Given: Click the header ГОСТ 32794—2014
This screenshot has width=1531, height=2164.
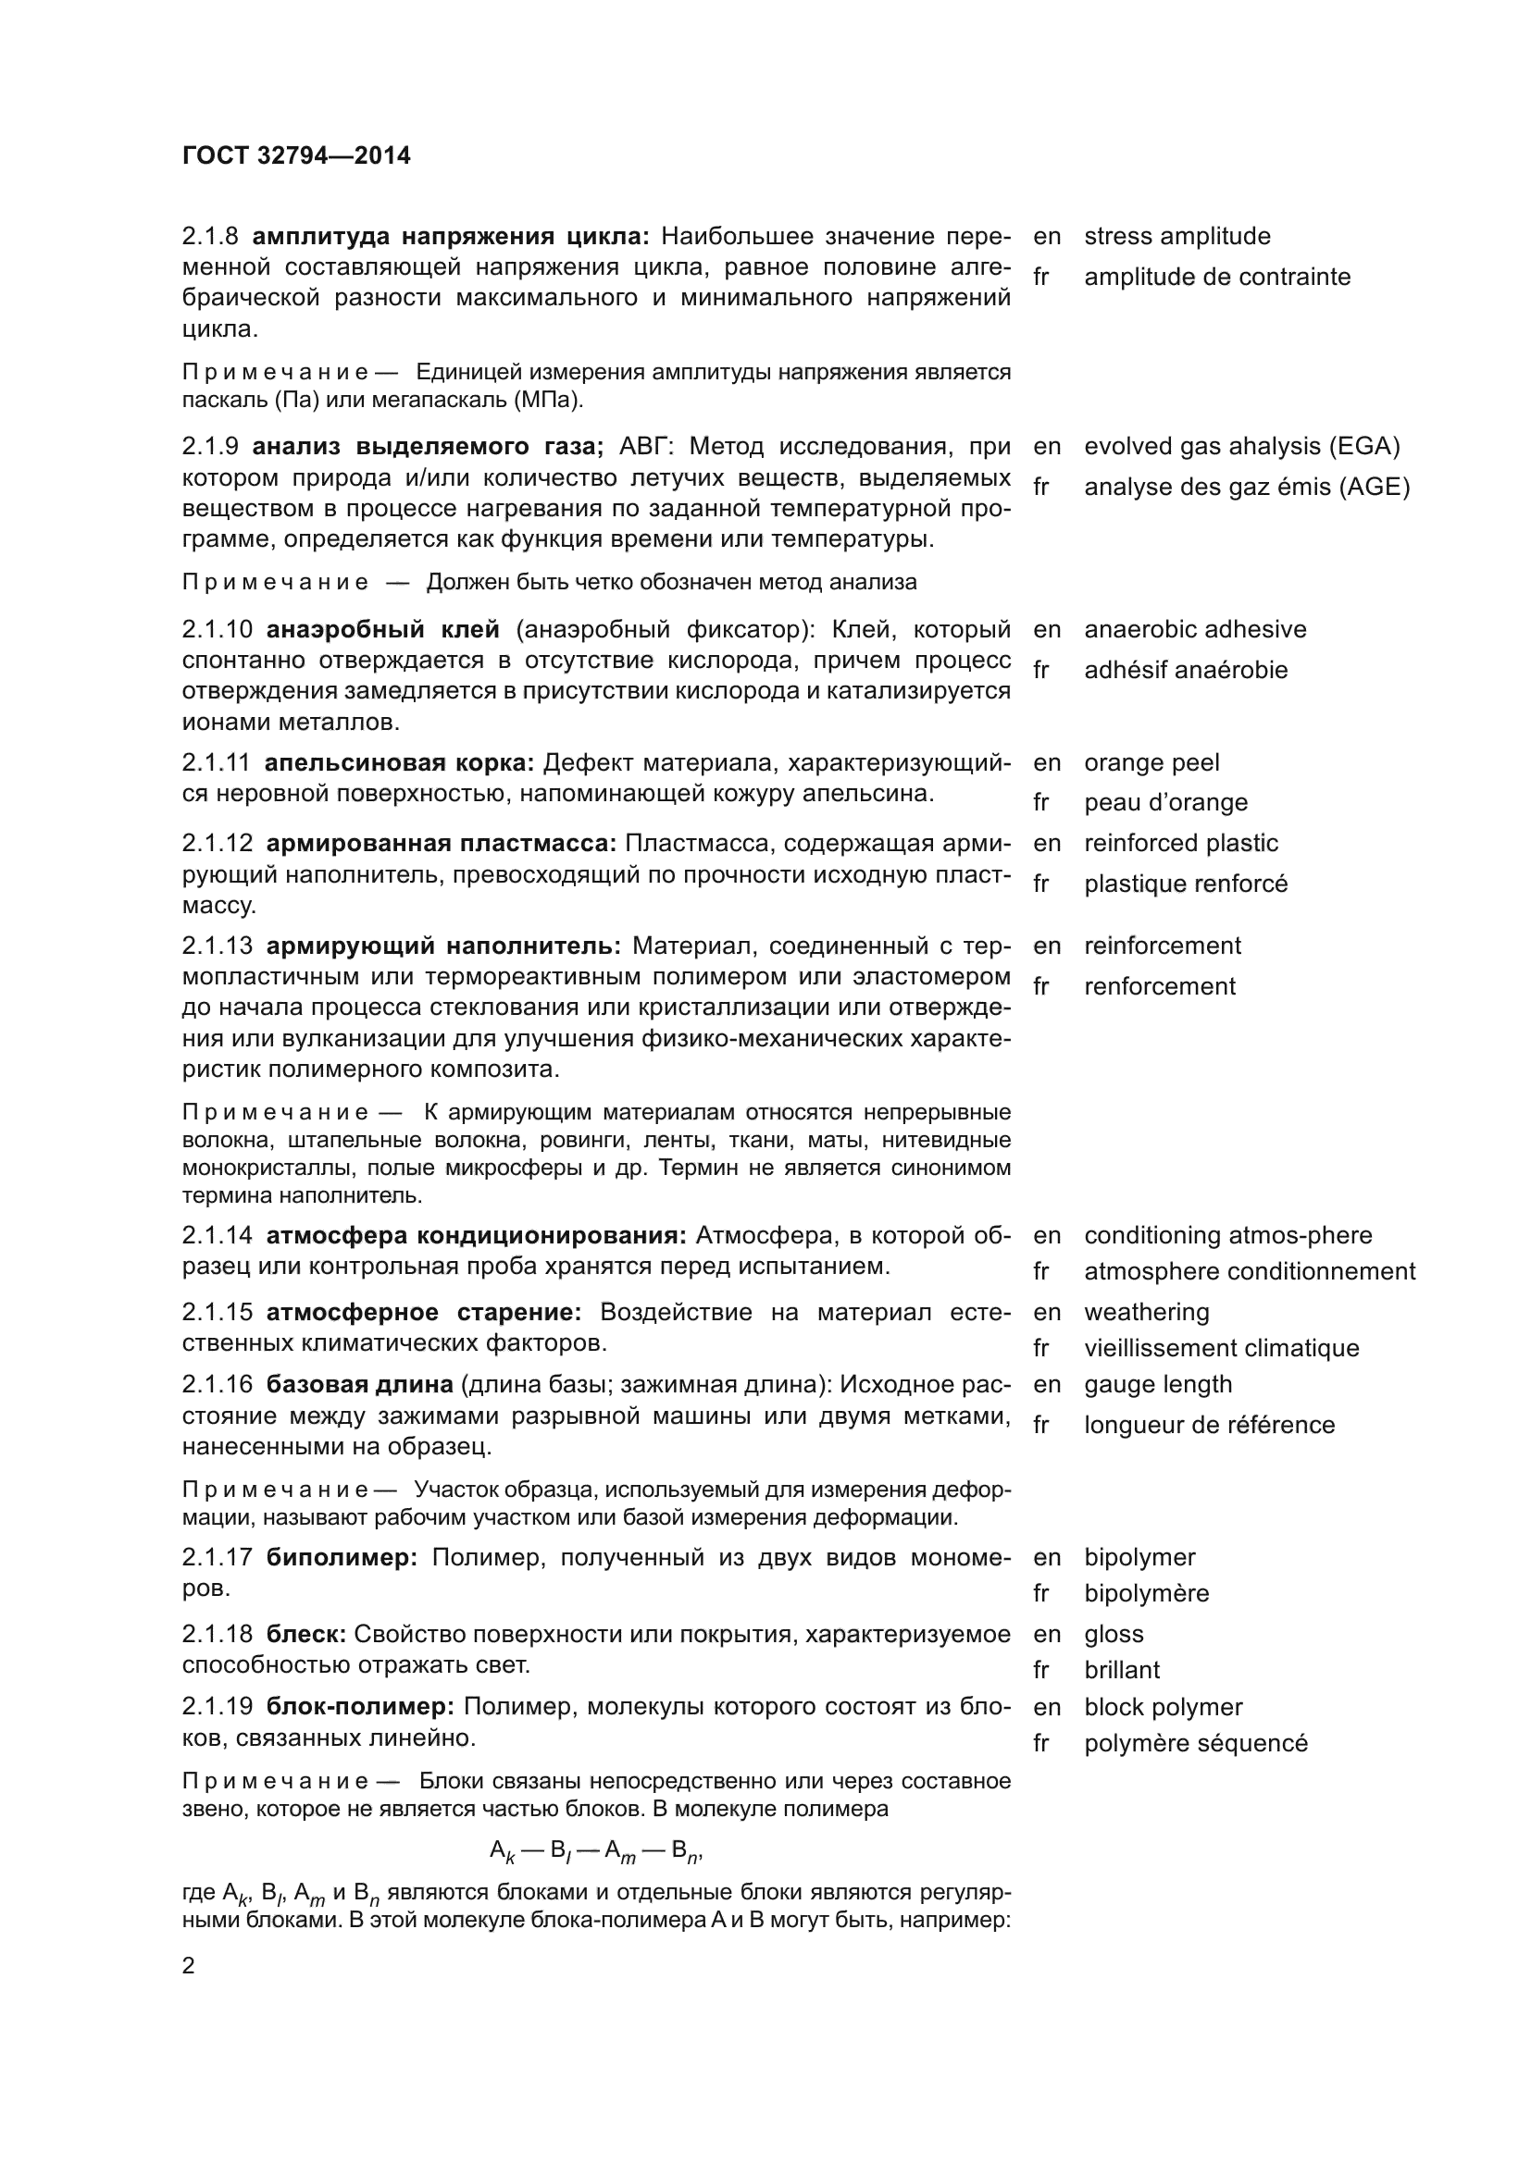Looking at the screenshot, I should coord(296,155).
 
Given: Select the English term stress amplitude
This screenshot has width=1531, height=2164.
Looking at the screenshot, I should coord(1176,236).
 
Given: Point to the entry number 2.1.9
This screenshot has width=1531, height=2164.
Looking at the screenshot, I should coord(211,446).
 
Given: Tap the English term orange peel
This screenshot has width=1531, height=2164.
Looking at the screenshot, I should coord(1151,761).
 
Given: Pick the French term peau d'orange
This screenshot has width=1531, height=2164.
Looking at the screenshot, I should coord(1164,802).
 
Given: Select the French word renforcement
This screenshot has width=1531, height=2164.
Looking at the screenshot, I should coord(1159,986).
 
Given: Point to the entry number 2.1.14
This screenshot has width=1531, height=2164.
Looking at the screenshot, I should coord(217,1235).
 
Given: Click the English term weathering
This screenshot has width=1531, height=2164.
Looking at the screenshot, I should coord(1146,1312).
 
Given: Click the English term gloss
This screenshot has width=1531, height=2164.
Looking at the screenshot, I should coord(1114,1633).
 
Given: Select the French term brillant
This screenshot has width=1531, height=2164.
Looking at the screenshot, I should coord(1121,1669).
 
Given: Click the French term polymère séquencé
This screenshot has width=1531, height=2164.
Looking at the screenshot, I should coord(1194,1743).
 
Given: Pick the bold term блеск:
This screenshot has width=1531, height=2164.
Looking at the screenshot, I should coord(306,1633).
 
